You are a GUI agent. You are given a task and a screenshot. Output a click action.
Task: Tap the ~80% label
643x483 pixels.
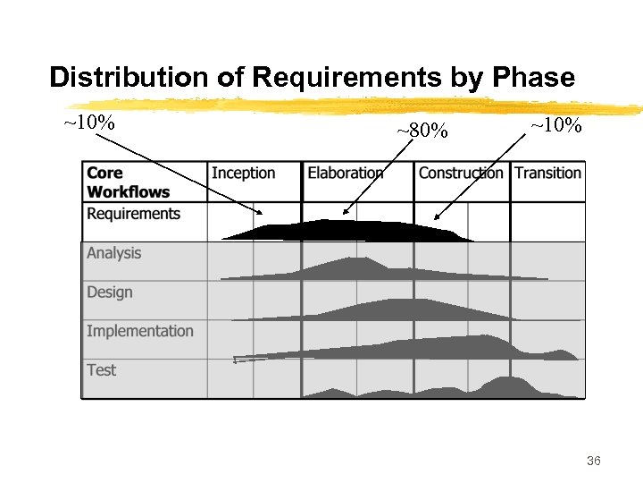pos(422,131)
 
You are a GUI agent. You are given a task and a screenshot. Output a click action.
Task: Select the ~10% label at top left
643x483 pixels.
pos(88,122)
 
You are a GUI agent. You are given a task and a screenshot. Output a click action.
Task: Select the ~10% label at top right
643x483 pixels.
pos(555,126)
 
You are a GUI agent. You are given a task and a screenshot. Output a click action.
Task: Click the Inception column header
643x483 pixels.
pos(243,173)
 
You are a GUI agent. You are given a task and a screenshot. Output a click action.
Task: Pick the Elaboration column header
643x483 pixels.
pos(346,173)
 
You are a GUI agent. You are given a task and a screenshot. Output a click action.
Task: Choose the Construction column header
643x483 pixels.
pos(461,173)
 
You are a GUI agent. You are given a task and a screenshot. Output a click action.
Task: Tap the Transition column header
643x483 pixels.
pos(547,173)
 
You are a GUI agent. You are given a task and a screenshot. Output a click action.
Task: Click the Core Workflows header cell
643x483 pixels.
pos(128,182)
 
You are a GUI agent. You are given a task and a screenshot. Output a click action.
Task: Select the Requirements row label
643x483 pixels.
pos(133,214)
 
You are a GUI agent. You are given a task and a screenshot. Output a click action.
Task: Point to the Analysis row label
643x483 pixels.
pos(113,253)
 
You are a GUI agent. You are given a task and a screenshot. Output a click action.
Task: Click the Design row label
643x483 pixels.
pos(109,292)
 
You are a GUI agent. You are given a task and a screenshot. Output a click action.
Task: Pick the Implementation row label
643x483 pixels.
pos(139,331)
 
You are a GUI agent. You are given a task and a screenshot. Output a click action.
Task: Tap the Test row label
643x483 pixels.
pos(101,369)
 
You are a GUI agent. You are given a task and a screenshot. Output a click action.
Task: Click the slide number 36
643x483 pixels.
pos(594,461)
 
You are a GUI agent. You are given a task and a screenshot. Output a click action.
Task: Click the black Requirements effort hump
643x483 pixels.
pos(348,231)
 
